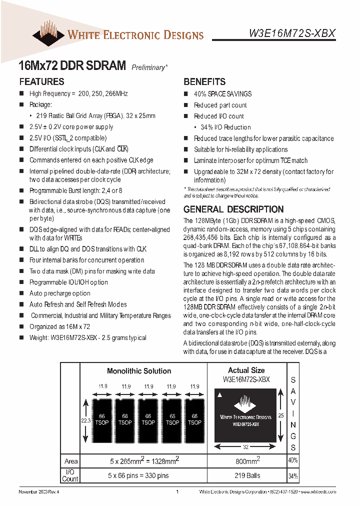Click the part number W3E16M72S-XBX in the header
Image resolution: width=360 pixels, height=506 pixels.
click(292, 33)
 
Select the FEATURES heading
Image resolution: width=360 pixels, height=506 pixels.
click(41, 81)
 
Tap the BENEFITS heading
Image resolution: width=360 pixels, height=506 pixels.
click(204, 81)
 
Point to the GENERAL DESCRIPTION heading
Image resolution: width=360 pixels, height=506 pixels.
click(233, 209)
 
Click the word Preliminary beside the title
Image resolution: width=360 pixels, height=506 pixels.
click(149, 67)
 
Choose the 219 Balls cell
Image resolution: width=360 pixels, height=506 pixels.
click(247, 475)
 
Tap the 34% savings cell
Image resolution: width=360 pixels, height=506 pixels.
click(293, 475)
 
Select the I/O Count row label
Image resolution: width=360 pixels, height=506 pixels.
click(70, 475)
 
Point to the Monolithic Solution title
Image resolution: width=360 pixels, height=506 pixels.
click(139, 371)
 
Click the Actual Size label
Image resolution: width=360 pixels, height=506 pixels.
click(246, 370)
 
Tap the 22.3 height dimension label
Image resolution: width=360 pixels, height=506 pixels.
click(85, 420)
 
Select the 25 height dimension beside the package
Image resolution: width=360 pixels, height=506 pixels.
click(280, 415)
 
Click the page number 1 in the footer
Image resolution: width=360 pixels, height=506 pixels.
click(177, 492)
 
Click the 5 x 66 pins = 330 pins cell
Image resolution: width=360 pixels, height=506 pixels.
click(139, 475)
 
